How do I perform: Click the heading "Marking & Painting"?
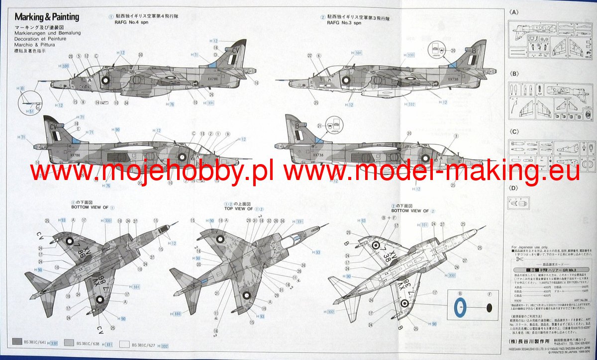(47, 17)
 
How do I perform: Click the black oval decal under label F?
(489, 309)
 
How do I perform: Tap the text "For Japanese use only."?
(531, 247)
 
